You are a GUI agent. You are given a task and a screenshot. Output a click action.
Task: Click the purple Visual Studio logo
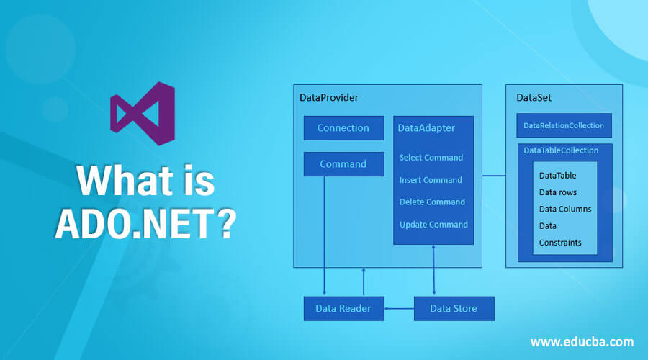pos(142,114)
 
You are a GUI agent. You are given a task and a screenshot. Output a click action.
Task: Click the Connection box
pos(343,128)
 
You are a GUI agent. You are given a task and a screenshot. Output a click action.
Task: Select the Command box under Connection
pos(343,164)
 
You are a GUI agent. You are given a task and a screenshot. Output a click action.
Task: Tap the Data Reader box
pos(343,309)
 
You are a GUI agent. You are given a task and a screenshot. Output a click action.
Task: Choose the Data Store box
pos(455,309)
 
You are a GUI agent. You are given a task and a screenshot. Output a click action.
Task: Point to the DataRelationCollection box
pos(564,125)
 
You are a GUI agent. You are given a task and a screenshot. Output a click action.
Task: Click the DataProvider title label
pos(329,97)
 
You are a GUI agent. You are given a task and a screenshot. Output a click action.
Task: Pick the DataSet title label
pos(534,97)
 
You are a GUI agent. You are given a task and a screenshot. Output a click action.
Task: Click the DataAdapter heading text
pos(426,127)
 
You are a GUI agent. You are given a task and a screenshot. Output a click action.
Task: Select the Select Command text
pos(431,157)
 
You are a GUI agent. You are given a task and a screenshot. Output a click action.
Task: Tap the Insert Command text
pos(431,180)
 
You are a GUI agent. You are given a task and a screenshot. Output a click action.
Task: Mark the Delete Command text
pos(432,202)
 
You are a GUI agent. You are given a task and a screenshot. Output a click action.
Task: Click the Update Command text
pos(433,225)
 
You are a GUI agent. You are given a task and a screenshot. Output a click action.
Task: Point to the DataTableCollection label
pos(561,150)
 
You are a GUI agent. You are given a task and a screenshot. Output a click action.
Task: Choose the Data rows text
pos(558,192)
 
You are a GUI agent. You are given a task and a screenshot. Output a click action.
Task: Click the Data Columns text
pos(565,209)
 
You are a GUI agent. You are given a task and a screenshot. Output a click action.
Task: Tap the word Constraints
pos(560,243)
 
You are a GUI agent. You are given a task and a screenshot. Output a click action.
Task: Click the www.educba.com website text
pos(582,341)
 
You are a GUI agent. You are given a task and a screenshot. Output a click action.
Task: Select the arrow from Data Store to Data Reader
pos(399,309)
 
